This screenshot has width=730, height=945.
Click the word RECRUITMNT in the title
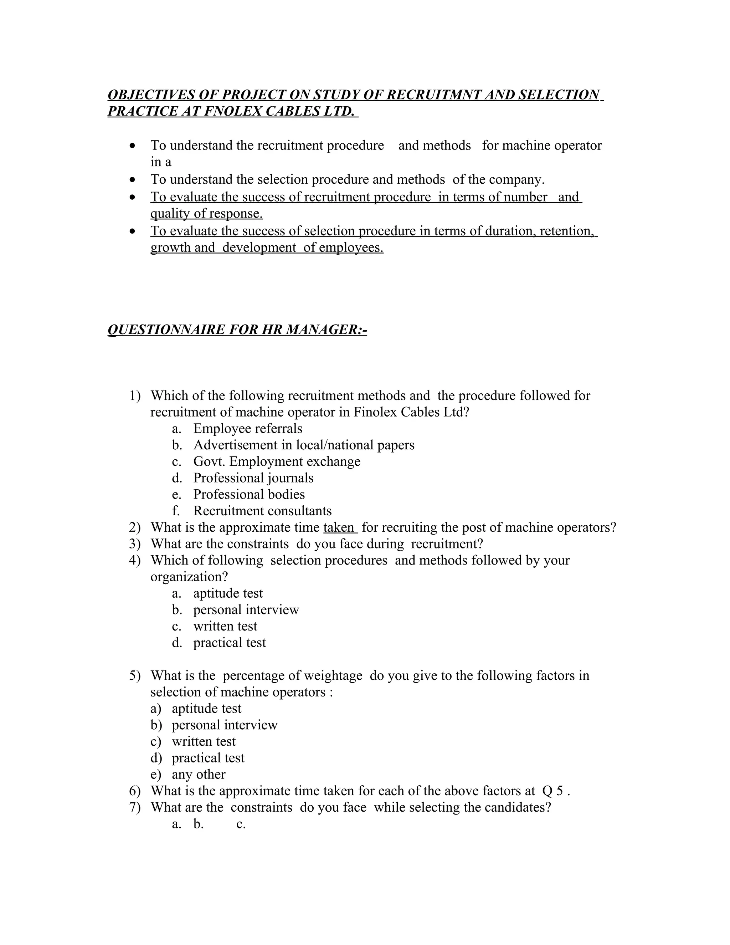point(432,95)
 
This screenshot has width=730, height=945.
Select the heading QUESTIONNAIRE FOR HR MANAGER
point(237,330)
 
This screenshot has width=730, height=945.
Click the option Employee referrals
point(247,428)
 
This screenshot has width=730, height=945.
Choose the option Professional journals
point(253,478)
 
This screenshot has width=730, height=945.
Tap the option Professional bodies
point(249,494)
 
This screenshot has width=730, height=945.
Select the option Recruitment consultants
point(262,511)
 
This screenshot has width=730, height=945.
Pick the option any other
point(199,774)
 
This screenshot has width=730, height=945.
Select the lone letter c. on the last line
point(241,824)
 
